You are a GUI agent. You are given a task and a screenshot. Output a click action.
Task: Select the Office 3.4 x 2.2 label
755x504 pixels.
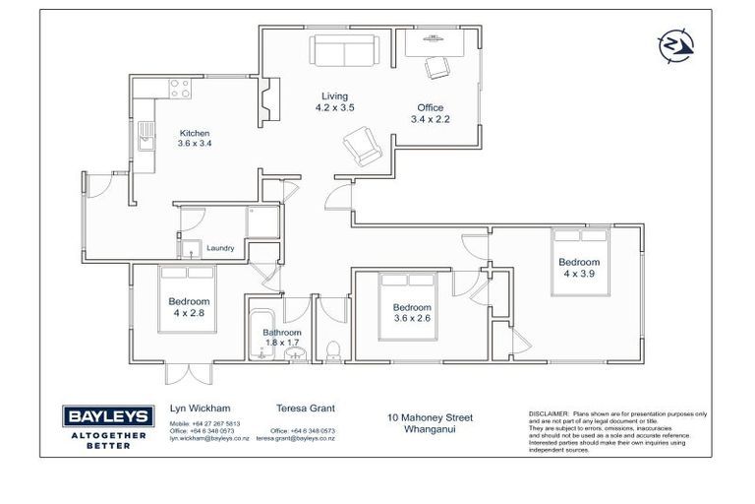(429, 113)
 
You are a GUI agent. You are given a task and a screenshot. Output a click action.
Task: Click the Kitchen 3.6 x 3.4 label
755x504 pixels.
(194, 138)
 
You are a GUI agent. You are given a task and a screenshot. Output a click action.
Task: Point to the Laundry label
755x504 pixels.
(219, 248)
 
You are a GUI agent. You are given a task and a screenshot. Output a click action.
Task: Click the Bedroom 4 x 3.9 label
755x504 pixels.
(579, 268)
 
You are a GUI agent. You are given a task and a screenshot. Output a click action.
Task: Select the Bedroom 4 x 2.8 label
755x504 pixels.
(188, 307)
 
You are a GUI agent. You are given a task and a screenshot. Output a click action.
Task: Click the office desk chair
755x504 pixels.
(434, 67)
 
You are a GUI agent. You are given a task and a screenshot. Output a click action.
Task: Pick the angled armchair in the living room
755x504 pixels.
(360, 149)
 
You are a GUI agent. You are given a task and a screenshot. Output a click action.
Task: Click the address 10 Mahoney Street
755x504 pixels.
(431, 417)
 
